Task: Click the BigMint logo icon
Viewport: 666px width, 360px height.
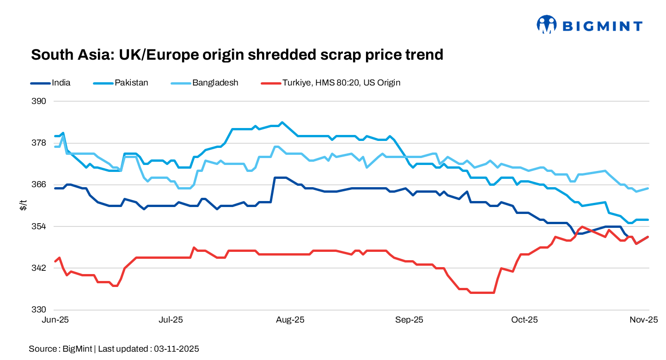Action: tap(546, 24)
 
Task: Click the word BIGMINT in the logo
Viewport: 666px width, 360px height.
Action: tap(602, 26)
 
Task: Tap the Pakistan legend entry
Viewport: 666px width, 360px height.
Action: tap(131, 83)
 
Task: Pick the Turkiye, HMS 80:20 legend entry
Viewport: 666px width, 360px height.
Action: tap(341, 83)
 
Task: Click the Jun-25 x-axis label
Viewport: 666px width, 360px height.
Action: tap(55, 320)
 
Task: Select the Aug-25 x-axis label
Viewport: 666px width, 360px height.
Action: tap(290, 320)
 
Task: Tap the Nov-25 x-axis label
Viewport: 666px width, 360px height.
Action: tap(646, 320)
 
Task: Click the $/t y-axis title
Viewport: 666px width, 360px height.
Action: tap(23, 206)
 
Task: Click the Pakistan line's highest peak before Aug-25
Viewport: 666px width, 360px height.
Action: tap(282, 122)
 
